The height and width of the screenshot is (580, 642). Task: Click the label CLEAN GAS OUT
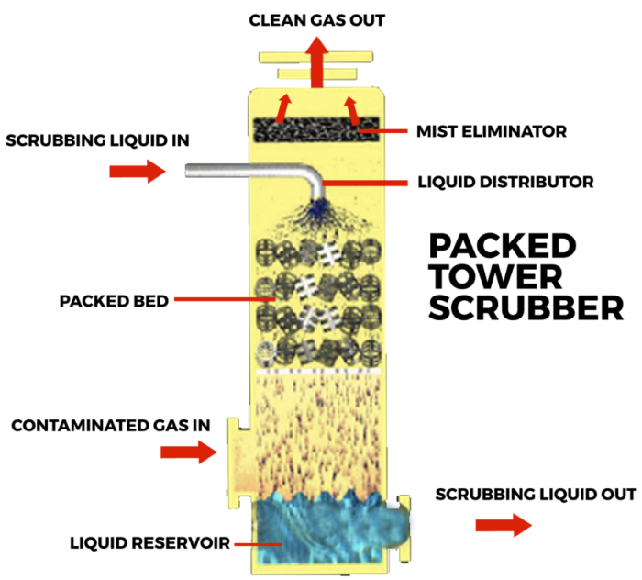click(x=317, y=19)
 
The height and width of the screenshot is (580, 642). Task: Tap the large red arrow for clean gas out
click(x=317, y=64)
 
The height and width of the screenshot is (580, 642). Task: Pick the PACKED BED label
click(x=112, y=300)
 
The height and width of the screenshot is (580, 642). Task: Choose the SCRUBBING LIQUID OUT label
click(x=535, y=494)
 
